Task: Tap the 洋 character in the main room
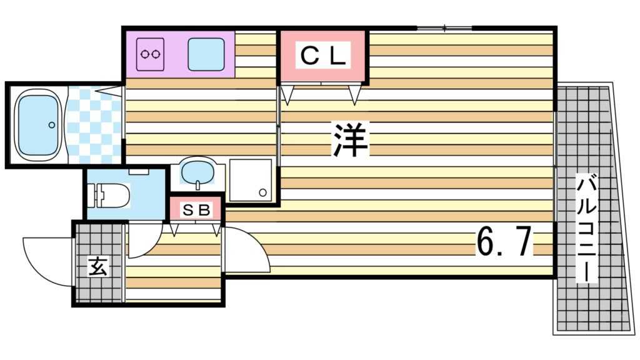coord(350,139)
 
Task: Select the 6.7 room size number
coord(504,242)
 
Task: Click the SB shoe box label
coord(196,210)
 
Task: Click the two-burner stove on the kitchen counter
coord(151,54)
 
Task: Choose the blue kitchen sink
coord(206,54)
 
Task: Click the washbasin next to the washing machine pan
coord(197,171)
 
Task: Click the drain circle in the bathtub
coord(52,125)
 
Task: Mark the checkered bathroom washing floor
coord(94,125)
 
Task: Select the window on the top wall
coord(444,27)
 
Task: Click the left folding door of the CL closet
coord(288,94)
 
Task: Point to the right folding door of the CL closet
coord(355,94)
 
